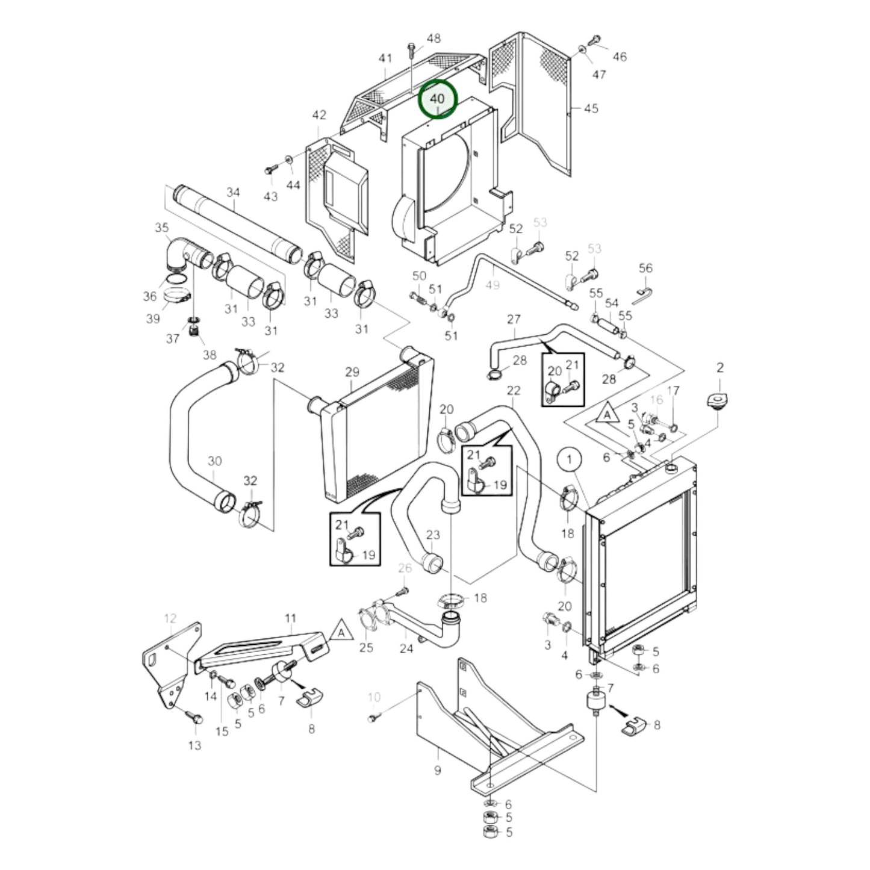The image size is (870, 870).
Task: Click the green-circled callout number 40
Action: [438, 99]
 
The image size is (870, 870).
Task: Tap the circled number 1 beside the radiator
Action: [569, 461]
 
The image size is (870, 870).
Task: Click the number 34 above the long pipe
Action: [233, 192]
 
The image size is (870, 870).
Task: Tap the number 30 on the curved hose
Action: [214, 461]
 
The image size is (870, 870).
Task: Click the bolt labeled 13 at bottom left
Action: [195, 718]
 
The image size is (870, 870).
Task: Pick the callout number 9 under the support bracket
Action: [437, 770]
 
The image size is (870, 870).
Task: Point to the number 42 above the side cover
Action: [318, 114]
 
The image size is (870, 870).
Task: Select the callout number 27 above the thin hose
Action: [514, 318]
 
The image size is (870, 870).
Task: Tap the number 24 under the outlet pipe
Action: [406, 648]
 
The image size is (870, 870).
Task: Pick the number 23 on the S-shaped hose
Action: [433, 535]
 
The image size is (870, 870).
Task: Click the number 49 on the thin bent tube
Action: [492, 285]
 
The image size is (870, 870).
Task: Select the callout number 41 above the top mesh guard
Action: [385, 58]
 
